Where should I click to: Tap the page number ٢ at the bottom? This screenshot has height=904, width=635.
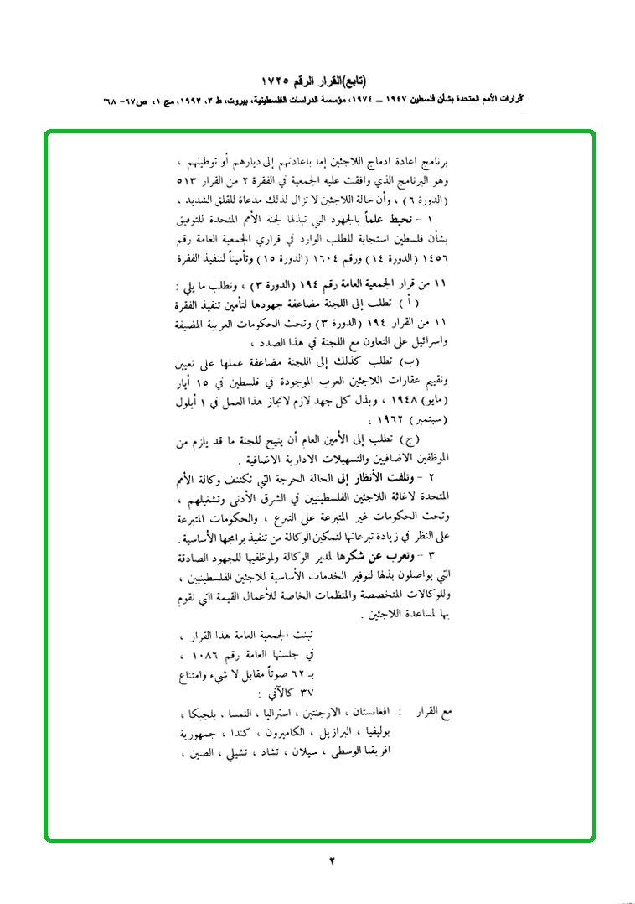[x=331, y=861]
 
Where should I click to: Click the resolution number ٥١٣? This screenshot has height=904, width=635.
[x=190, y=183]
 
